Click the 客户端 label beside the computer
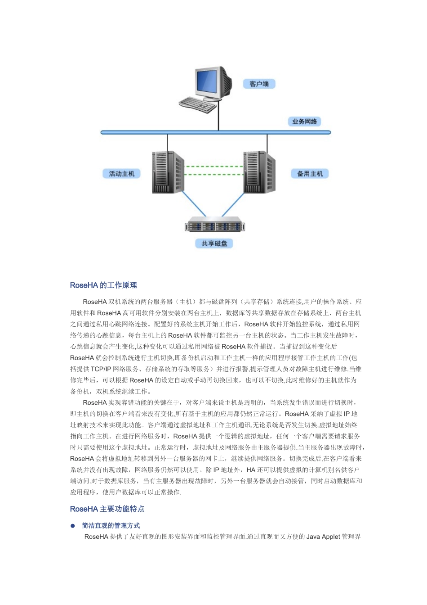coord(259,84)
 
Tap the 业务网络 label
coord(304,122)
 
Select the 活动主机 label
coord(121,174)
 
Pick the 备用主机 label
coord(310,174)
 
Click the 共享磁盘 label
coord(214,244)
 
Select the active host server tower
coord(168,172)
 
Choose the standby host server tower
coord(259,172)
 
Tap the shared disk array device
coord(215,226)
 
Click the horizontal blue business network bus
coord(135,132)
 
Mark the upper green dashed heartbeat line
coord(214,167)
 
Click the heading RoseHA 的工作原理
coord(103,285)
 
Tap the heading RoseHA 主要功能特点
coord(107,509)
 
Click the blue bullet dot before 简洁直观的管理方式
coord(73,526)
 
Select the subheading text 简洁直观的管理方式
coord(111,526)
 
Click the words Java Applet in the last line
coord(323,537)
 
